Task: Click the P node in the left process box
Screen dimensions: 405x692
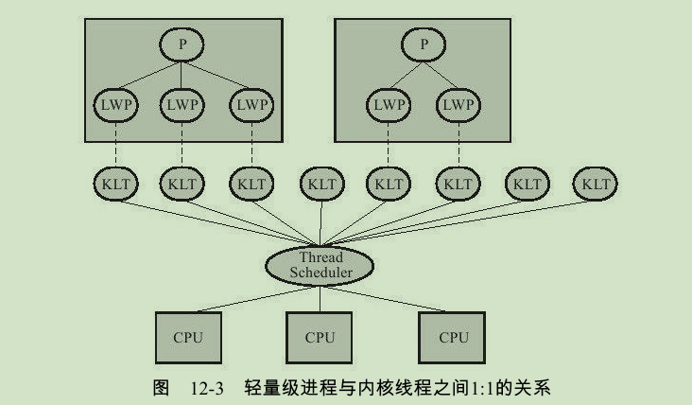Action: [x=182, y=44]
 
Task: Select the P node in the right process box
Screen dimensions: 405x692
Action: [x=424, y=44]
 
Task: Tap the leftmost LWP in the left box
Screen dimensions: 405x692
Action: [x=113, y=105]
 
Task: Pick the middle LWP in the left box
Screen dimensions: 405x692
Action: [x=182, y=105]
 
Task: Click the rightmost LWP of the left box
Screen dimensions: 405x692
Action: [x=251, y=105]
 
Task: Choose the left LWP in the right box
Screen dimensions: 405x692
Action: [x=388, y=105]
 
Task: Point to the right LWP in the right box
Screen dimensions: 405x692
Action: [x=458, y=105]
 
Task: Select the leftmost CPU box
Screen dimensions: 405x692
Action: [x=187, y=336]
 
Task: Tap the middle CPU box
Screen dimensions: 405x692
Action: [x=320, y=336]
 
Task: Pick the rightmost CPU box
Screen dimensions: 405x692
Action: [x=454, y=336]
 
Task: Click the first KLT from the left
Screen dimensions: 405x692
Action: [x=113, y=184]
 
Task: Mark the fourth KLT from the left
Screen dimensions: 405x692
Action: [x=320, y=184]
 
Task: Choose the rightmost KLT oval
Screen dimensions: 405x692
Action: [x=596, y=184]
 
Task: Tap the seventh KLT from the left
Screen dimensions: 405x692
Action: [x=527, y=184]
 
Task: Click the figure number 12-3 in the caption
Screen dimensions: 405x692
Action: [x=200, y=388]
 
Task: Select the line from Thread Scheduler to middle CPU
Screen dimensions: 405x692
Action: [x=320, y=297]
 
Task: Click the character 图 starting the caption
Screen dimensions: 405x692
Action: [x=159, y=388]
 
